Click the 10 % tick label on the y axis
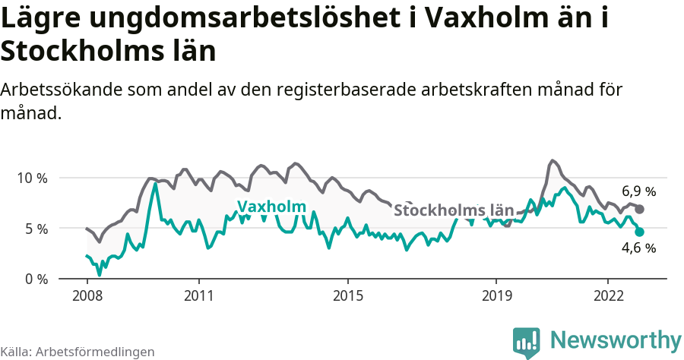tap(31, 178)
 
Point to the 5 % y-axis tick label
tap(35, 229)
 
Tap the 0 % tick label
tap(35, 279)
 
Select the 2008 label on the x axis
tap(87, 295)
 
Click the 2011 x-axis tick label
tap(198, 295)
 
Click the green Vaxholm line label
tap(271, 207)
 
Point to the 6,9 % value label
tap(638, 191)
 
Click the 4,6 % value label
tap(638, 248)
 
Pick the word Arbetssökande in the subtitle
tap(58, 90)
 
